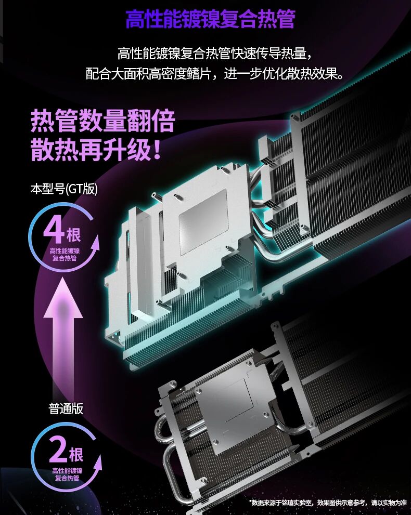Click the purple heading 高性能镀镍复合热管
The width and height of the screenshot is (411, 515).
[210, 19]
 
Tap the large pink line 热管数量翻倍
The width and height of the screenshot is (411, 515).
[103, 121]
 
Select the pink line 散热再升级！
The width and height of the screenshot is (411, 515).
[96, 150]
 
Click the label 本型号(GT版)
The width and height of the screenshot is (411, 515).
[64, 189]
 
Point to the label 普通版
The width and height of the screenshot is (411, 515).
[66, 409]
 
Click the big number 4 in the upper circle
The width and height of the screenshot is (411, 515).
[54, 230]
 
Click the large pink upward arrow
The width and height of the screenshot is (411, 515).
[63, 335]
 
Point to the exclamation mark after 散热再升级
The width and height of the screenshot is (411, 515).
[157, 150]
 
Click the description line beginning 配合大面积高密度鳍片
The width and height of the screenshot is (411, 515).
[214, 74]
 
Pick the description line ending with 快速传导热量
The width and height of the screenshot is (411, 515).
[214, 53]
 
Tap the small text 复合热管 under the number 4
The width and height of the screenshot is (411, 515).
[65, 258]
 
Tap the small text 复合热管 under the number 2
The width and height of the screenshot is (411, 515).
[67, 478]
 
